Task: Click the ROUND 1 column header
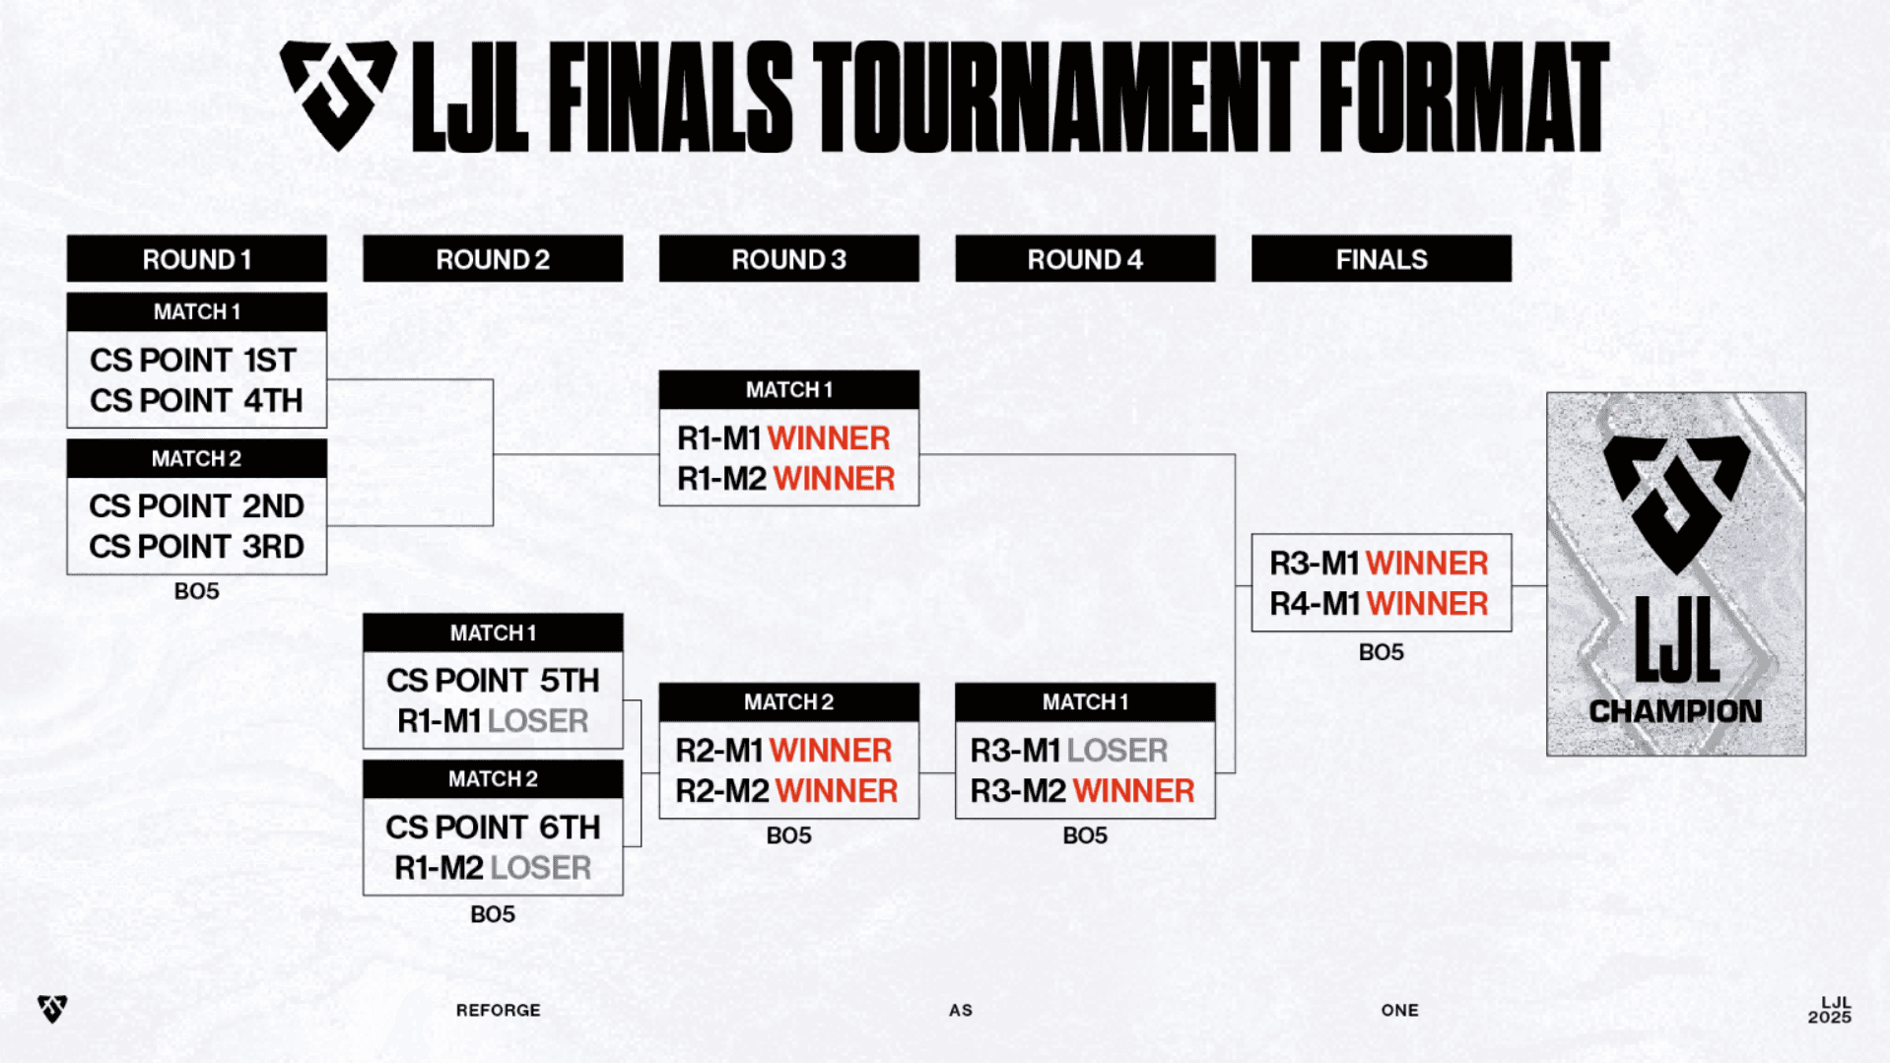(x=196, y=259)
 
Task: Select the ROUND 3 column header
(x=788, y=259)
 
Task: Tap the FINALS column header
(x=1381, y=259)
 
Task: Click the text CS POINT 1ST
(x=193, y=361)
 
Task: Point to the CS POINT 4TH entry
(x=196, y=401)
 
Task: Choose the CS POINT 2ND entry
(x=196, y=506)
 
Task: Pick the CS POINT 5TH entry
(x=493, y=681)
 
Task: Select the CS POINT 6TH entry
(x=493, y=828)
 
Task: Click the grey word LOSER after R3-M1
(x=1117, y=751)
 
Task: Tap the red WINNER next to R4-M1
(x=1427, y=604)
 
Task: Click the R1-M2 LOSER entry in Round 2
(x=493, y=868)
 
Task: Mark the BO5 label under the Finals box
(x=1381, y=652)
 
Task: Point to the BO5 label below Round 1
(x=196, y=591)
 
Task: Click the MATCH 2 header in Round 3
(x=788, y=702)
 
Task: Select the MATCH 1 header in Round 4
(x=1085, y=702)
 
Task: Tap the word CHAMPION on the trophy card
(x=1675, y=711)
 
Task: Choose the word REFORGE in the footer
(x=498, y=1011)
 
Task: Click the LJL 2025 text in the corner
(x=1830, y=1010)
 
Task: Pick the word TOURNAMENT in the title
(x=1055, y=98)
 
